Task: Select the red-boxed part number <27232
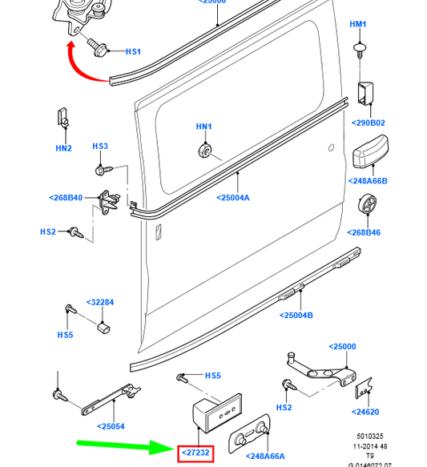pyautogui.click(x=195, y=453)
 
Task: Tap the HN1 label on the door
pyautogui.click(x=204, y=127)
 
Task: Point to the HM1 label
pyautogui.click(x=357, y=25)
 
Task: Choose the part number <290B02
pyautogui.click(x=368, y=123)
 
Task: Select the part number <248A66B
pyautogui.click(x=369, y=181)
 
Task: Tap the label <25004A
pyautogui.click(x=232, y=197)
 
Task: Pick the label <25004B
pyautogui.click(x=296, y=315)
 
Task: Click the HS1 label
pyautogui.click(x=133, y=52)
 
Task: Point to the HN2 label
pyautogui.click(x=63, y=148)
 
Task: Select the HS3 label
pyautogui.click(x=99, y=147)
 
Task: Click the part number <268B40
pyautogui.click(x=65, y=197)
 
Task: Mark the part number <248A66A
pyautogui.click(x=266, y=456)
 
